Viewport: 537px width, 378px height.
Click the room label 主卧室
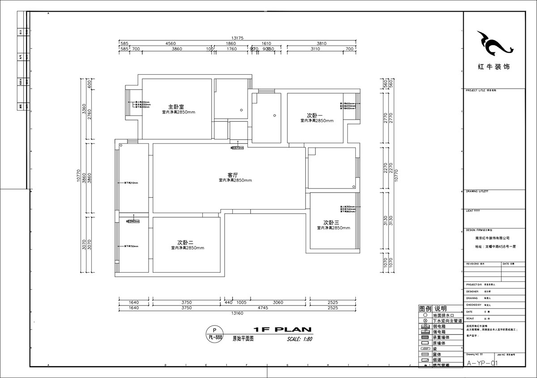click(176, 107)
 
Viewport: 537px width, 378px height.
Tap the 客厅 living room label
click(232, 175)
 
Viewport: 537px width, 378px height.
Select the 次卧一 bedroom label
click(315, 115)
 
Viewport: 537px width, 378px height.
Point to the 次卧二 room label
click(185, 242)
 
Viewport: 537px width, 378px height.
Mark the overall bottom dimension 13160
click(236, 313)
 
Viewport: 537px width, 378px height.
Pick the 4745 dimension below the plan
click(263, 308)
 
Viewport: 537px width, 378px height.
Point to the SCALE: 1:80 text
click(299, 339)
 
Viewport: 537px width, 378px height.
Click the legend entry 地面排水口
click(443, 315)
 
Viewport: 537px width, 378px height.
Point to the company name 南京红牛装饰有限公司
click(494, 239)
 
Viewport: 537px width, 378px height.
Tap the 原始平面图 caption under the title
click(243, 339)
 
